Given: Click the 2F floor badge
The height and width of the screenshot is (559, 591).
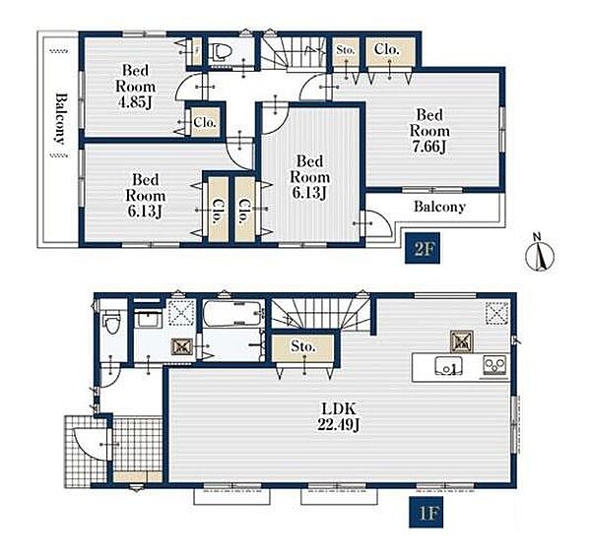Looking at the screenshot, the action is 423,248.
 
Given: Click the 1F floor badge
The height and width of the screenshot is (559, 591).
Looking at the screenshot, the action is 426,513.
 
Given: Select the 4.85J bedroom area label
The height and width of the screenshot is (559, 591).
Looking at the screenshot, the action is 135,102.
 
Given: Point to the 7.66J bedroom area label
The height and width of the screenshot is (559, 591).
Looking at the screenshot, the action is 429,147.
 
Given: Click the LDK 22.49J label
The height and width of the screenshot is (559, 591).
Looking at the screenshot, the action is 339,416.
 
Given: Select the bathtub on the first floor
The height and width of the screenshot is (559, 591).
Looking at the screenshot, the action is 232,312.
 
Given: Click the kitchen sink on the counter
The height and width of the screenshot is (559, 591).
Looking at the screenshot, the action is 449,365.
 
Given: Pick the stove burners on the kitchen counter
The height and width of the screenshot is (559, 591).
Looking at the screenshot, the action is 495,365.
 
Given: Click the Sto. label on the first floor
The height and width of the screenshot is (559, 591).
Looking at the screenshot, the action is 303,345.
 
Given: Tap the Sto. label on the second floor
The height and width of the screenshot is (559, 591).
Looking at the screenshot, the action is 346,50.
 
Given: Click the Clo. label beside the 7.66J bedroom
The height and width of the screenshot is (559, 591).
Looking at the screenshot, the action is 387,49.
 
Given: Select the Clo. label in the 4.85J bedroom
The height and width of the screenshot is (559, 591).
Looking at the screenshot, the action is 205,122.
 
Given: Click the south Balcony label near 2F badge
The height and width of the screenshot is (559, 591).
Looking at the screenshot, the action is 439,207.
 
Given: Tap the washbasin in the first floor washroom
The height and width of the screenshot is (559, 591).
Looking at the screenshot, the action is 149,319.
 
